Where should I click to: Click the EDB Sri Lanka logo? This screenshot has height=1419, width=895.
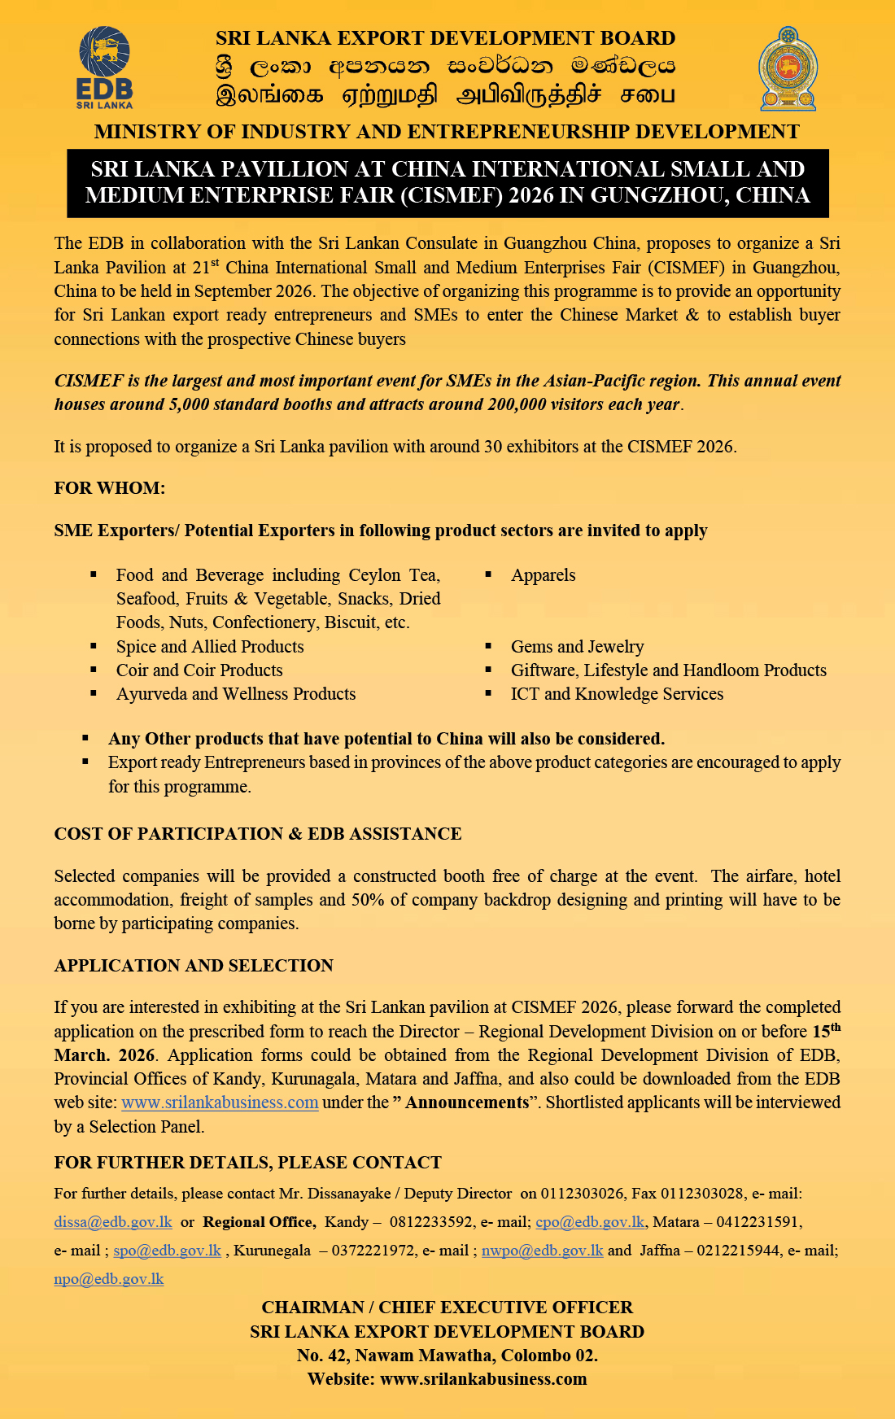[x=105, y=68]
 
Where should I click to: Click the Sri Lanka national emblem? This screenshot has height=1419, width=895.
[x=788, y=69]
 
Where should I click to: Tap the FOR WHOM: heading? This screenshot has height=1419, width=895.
[x=110, y=488]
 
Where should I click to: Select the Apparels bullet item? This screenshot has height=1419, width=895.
[x=543, y=575]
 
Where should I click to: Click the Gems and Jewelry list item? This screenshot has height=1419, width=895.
[x=577, y=647]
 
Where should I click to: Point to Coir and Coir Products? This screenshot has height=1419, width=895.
[x=199, y=670]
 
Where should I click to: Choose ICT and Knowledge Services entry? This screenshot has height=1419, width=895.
[x=617, y=694]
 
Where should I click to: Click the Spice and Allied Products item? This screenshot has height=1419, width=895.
[x=210, y=647]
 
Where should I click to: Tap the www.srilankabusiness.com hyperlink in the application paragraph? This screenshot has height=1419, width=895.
[x=220, y=1102]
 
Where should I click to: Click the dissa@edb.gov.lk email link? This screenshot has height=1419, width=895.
[x=113, y=1222]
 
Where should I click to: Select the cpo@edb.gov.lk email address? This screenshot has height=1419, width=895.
[x=590, y=1222]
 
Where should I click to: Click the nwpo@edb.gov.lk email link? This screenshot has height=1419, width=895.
[x=542, y=1251]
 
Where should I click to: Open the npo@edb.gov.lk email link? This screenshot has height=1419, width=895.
[x=109, y=1279]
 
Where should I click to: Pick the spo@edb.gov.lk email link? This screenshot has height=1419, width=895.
[x=167, y=1251]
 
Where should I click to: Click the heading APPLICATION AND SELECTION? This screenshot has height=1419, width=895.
[x=194, y=966]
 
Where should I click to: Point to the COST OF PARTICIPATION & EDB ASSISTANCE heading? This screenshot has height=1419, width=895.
[x=258, y=834]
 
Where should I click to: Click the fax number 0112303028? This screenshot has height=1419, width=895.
[x=702, y=1194]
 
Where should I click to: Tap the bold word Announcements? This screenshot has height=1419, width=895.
[x=467, y=1102]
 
